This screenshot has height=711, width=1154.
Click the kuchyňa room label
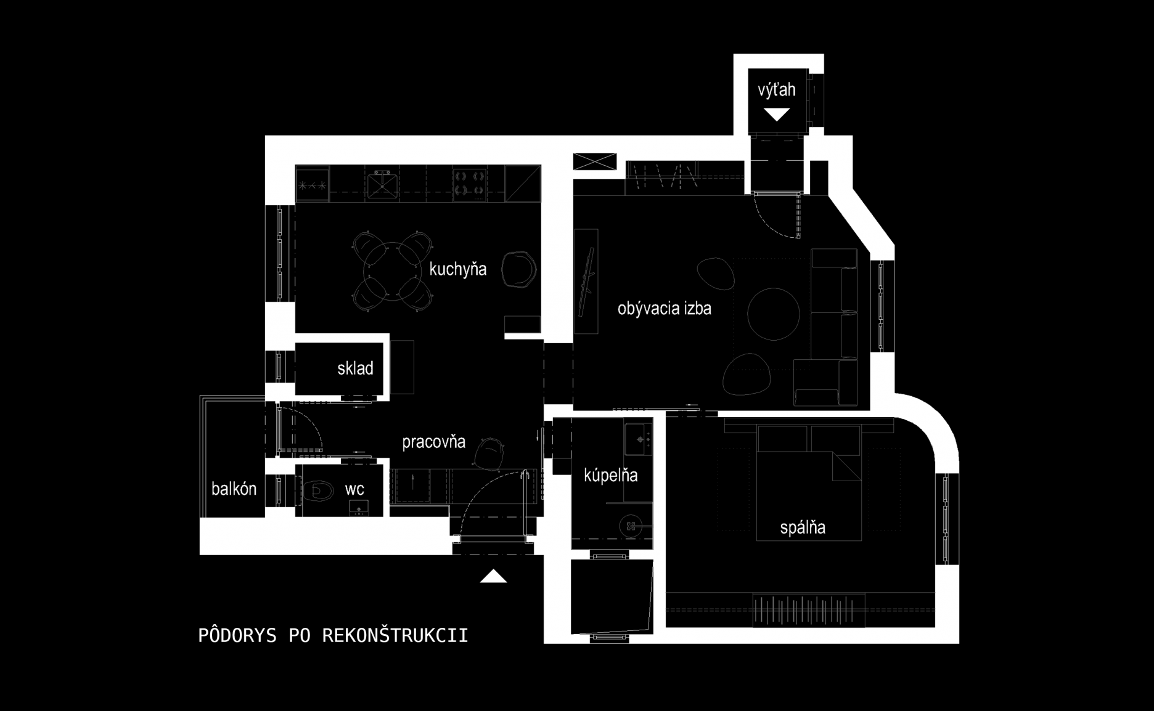coord(457,269)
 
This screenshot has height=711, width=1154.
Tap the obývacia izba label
coord(665,308)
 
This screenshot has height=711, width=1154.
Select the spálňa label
coord(803,527)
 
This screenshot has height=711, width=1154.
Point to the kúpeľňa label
coord(610,475)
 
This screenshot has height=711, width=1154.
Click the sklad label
coord(355,368)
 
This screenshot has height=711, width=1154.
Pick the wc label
coord(354,490)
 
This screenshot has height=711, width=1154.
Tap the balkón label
coord(234,489)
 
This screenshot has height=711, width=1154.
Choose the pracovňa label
coord(433,442)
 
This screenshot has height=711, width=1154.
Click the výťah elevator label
coord(777,90)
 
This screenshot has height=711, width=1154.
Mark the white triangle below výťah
coord(777,115)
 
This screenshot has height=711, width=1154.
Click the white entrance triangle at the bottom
coord(493,576)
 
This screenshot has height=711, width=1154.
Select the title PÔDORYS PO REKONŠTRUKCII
coord(333,635)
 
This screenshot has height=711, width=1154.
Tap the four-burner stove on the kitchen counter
coord(470,184)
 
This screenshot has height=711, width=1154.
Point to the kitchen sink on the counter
coord(382,183)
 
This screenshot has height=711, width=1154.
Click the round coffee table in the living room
coord(774,314)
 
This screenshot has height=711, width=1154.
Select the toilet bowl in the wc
coord(317,491)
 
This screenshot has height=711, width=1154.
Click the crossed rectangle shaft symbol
coord(595,161)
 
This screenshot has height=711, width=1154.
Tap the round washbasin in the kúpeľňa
coord(631,526)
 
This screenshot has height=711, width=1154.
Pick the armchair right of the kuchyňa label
coord(518,269)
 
